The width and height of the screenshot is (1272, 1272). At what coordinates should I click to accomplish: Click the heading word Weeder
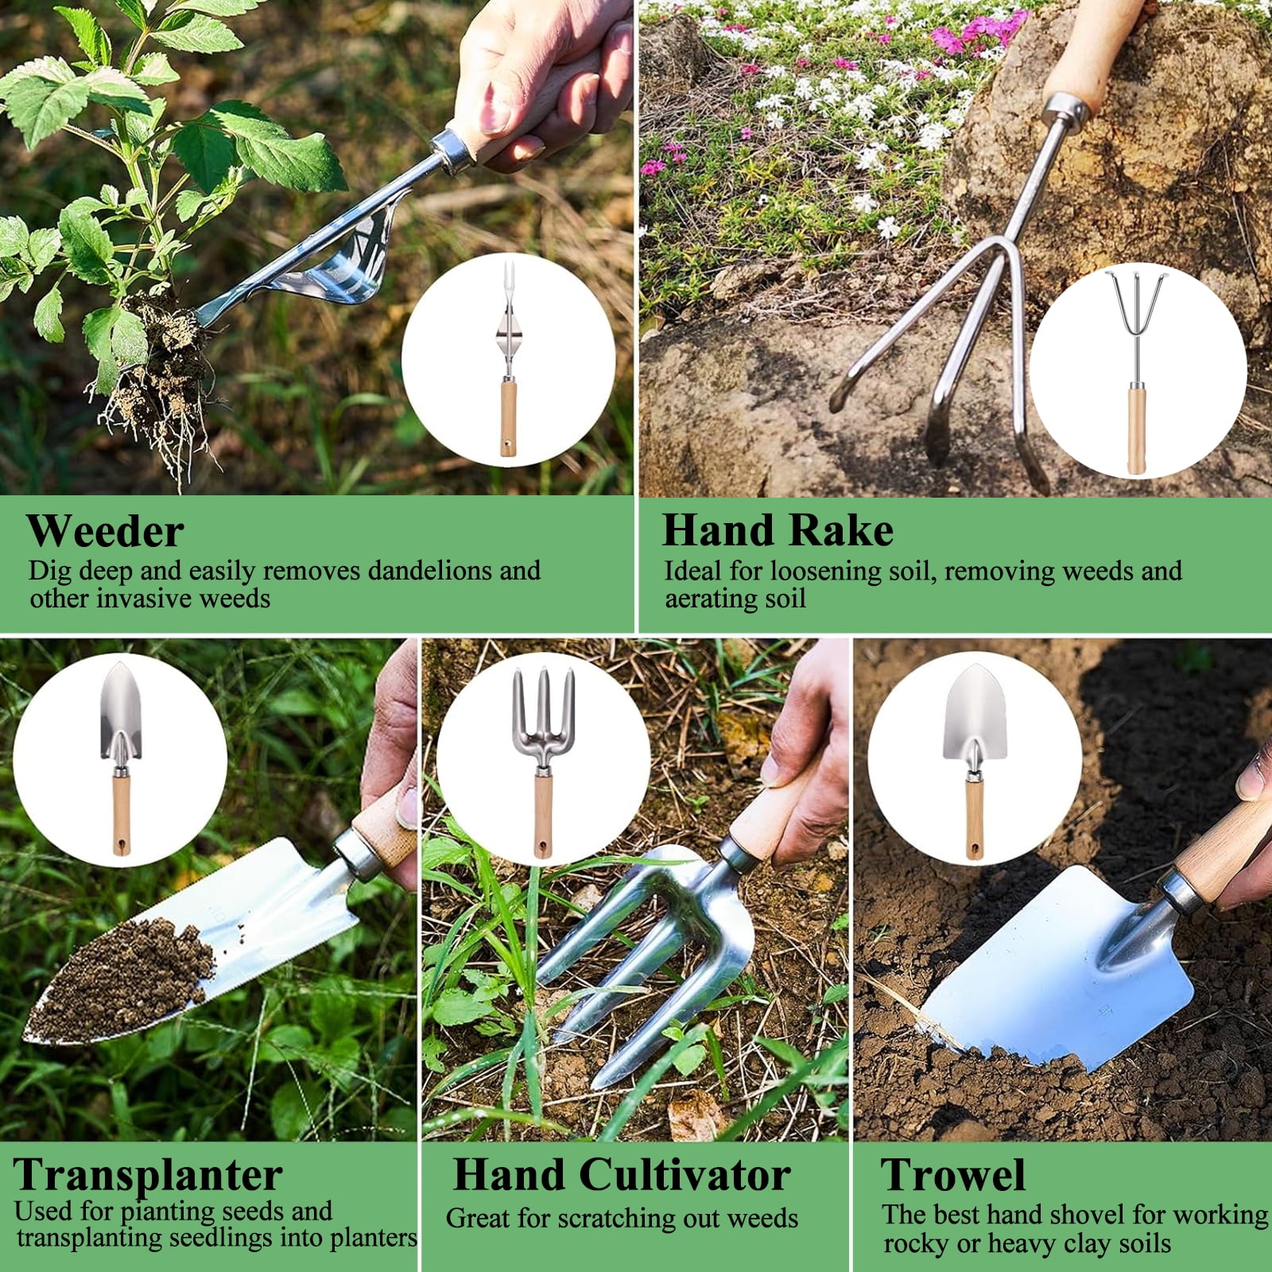click(106, 531)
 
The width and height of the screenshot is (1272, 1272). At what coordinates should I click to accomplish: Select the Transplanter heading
click(148, 1174)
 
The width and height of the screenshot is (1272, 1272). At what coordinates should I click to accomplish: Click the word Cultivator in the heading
click(684, 1174)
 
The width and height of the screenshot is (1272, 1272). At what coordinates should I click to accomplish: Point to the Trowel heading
click(953, 1174)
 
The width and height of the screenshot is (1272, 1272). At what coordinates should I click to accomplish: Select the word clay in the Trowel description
click(1085, 1243)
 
